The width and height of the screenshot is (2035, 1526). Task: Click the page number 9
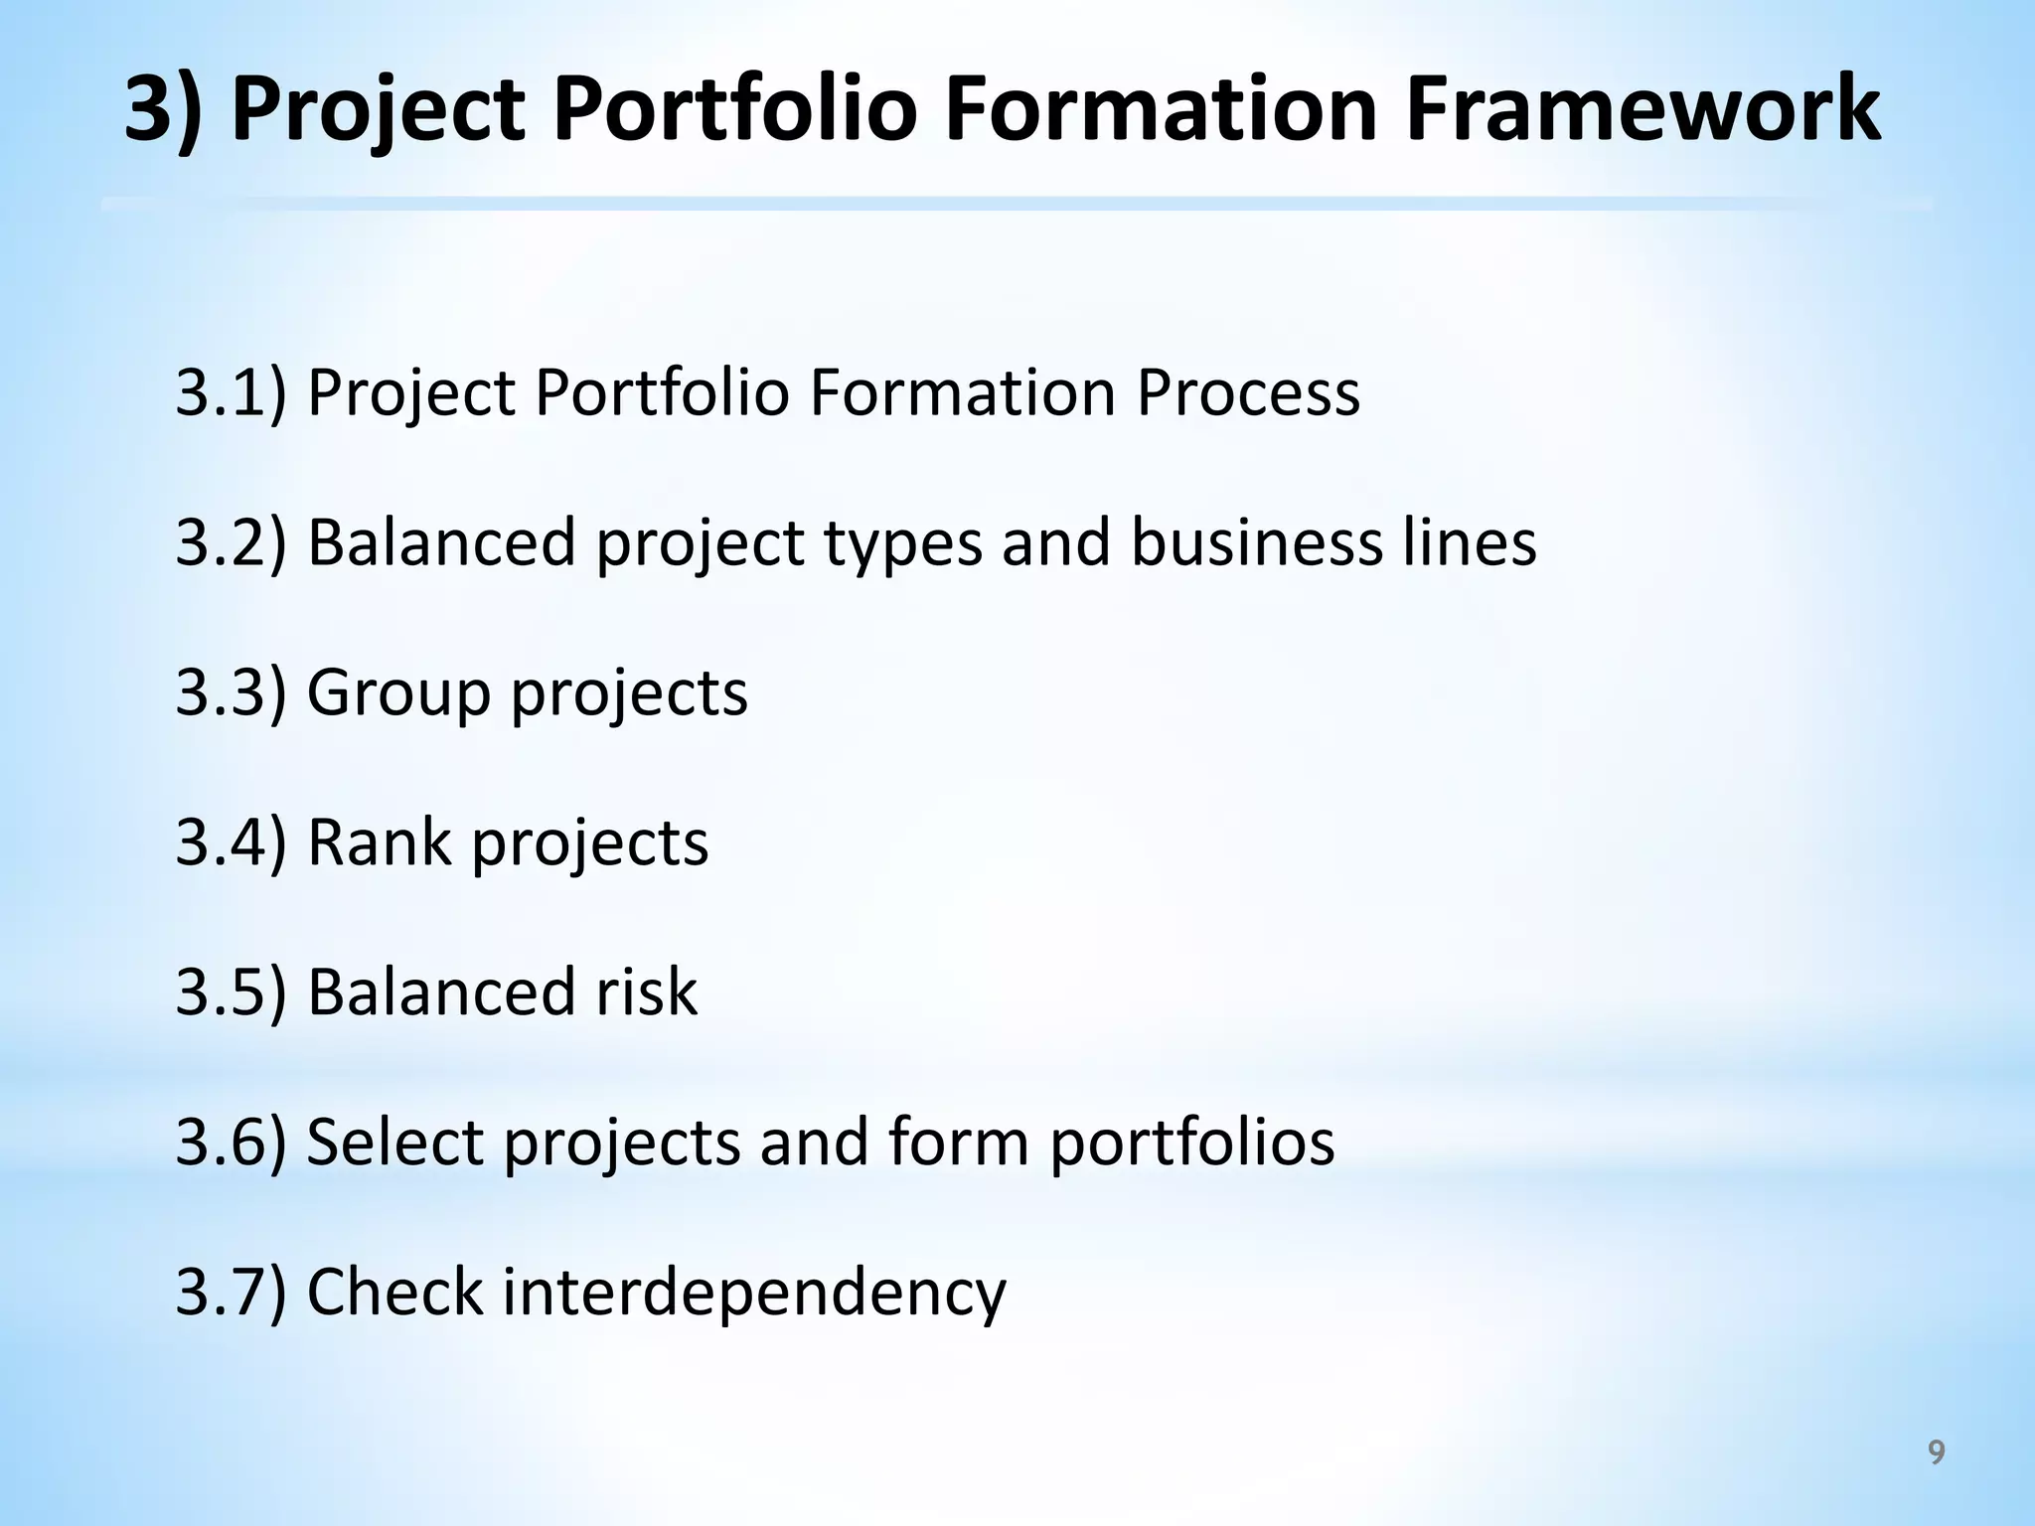pos(1936,1452)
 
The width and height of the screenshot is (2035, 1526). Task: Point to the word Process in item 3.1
pos(1247,392)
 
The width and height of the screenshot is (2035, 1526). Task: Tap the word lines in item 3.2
pos(1470,542)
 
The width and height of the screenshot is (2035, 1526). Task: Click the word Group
pos(398,692)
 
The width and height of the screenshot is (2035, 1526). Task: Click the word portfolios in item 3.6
pos(1191,1142)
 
